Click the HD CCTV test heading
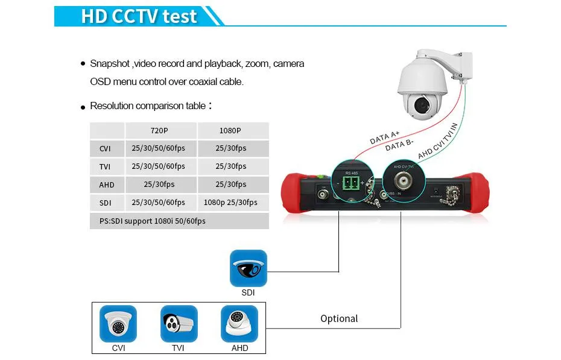point(139,16)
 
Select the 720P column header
point(160,130)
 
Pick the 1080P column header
point(233,130)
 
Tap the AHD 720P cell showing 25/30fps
point(160,185)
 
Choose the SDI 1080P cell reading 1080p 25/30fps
point(233,203)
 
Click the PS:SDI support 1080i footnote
point(153,221)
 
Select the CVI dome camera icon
point(118,324)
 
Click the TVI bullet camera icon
point(179,324)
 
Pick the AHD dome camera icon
point(239,324)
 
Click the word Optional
point(339,318)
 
